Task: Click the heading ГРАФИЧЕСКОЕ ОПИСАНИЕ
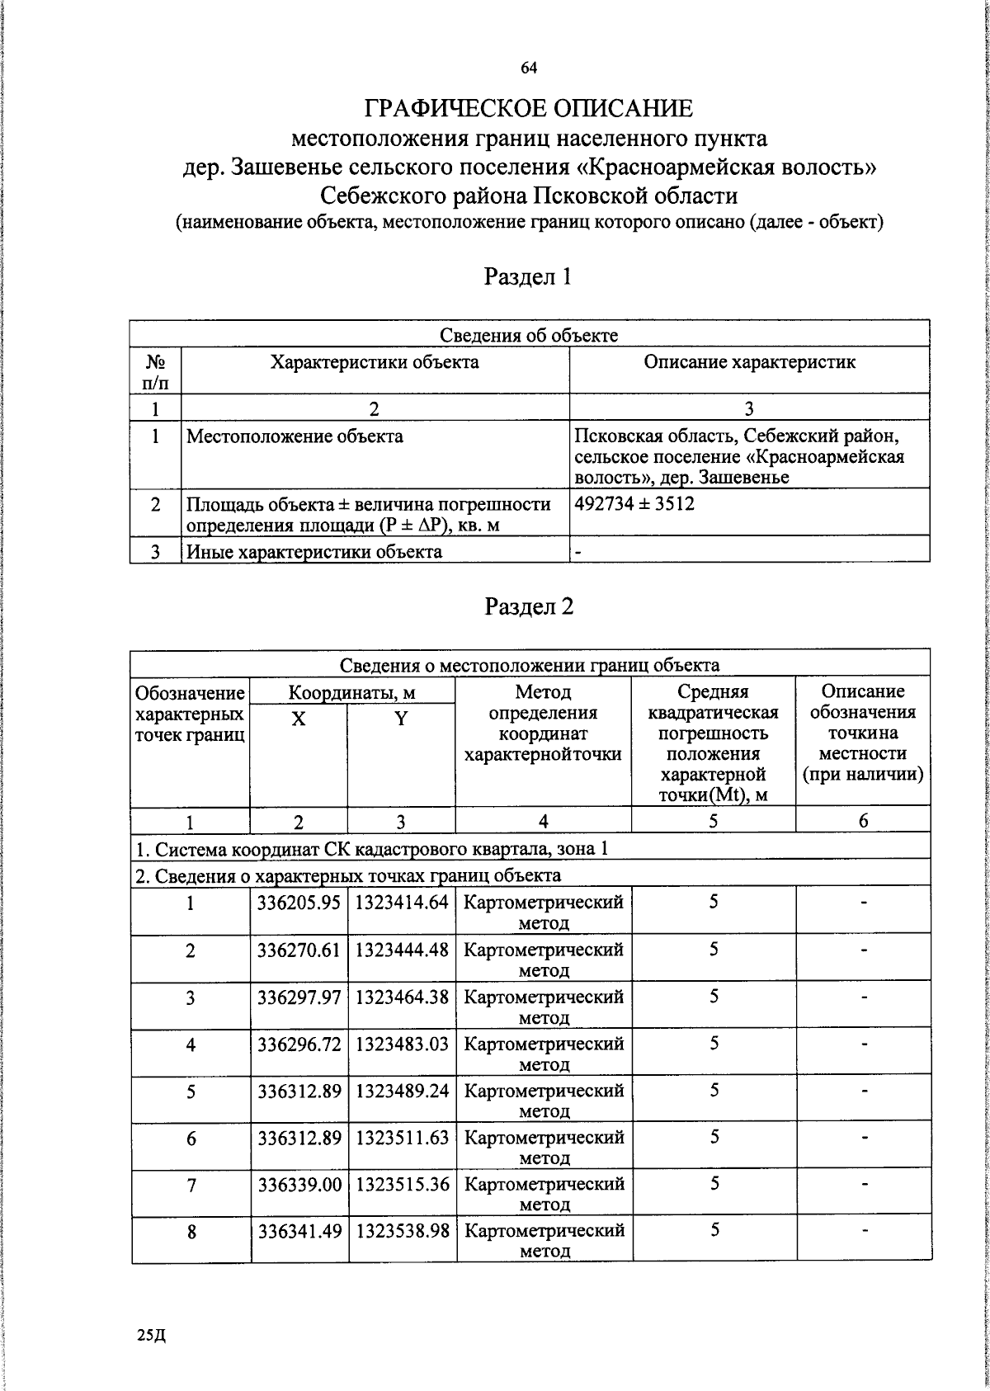click(529, 108)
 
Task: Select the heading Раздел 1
click(528, 277)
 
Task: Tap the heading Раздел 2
click(528, 607)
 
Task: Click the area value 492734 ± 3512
click(634, 503)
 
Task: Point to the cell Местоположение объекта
click(295, 436)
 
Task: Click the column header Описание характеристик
click(749, 362)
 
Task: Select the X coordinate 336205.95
click(299, 903)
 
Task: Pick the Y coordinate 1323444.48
click(402, 950)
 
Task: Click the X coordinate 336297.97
click(299, 997)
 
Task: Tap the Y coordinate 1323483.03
click(402, 1044)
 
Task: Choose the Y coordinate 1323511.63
click(402, 1138)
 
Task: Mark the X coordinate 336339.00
click(299, 1185)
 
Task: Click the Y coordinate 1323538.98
click(402, 1232)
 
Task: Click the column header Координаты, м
click(352, 692)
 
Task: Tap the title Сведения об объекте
click(529, 335)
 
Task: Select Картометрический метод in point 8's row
click(544, 1240)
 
